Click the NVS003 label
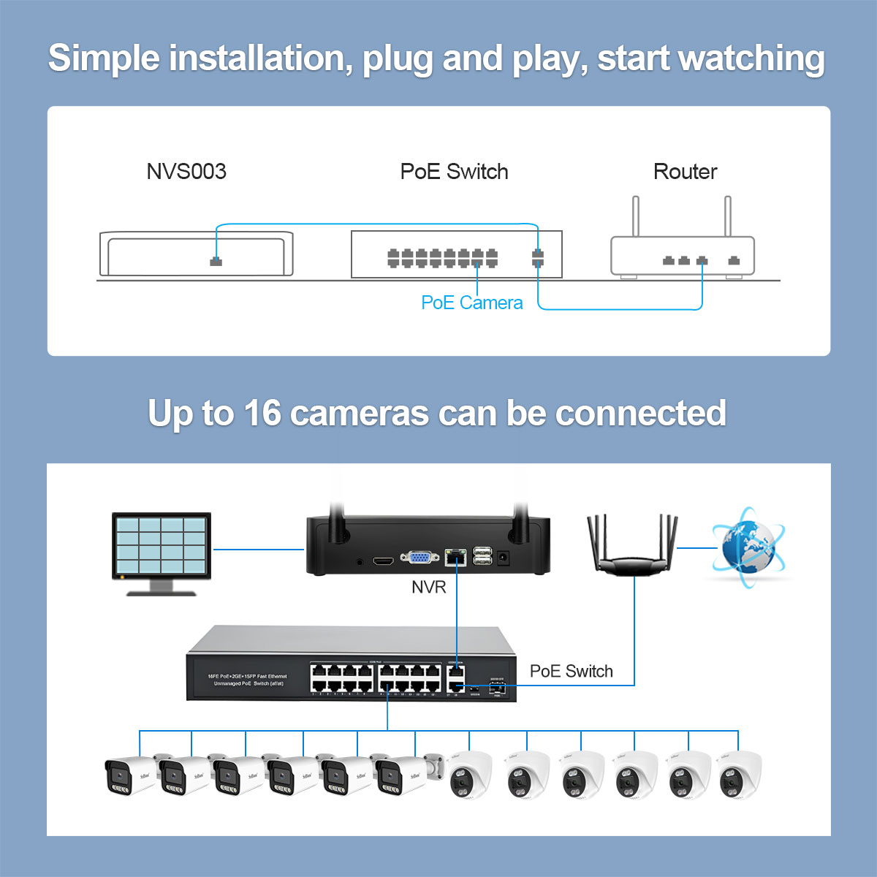coord(186,172)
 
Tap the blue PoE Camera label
coord(472,303)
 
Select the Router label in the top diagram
coord(685,172)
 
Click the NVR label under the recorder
coord(428,587)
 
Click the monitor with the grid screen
coord(162,548)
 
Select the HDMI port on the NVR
coord(383,561)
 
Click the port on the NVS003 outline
coord(216,261)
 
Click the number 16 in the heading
coord(262,414)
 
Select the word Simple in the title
coord(104,58)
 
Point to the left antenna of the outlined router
coord(636,216)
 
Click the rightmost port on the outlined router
coord(734,260)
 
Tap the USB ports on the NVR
coord(482,555)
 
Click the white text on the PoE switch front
coord(247,680)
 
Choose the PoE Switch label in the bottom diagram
coord(571,671)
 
